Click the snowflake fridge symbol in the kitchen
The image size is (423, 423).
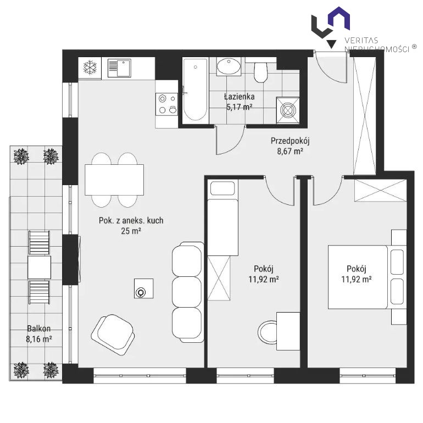point(90,68)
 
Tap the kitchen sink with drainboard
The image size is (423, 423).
point(119,68)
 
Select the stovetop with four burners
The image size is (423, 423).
point(166,104)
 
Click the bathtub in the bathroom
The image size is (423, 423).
point(196,90)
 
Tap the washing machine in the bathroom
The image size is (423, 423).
point(287,110)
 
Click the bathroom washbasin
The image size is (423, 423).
point(229,66)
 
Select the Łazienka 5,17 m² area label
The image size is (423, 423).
point(240,102)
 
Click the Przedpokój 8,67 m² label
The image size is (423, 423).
point(290,146)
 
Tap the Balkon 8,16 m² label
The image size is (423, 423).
point(39,333)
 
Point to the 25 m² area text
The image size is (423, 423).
point(131,231)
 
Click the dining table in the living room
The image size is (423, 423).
point(114,180)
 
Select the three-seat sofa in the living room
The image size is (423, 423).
point(188,292)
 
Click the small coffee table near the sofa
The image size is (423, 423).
point(144,288)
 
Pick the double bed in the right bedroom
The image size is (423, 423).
point(367,277)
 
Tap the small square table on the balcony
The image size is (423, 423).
point(40,268)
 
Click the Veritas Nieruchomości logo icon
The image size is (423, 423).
point(331,27)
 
